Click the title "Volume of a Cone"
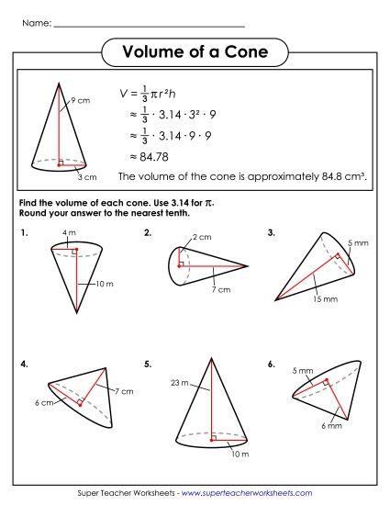(195, 52)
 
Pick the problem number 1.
(23, 233)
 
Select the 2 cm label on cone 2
(202, 239)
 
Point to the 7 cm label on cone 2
(220, 289)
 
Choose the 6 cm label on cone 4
(41, 402)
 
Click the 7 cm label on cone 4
(124, 391)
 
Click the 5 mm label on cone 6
(303, 372)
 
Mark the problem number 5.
(148, 365)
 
